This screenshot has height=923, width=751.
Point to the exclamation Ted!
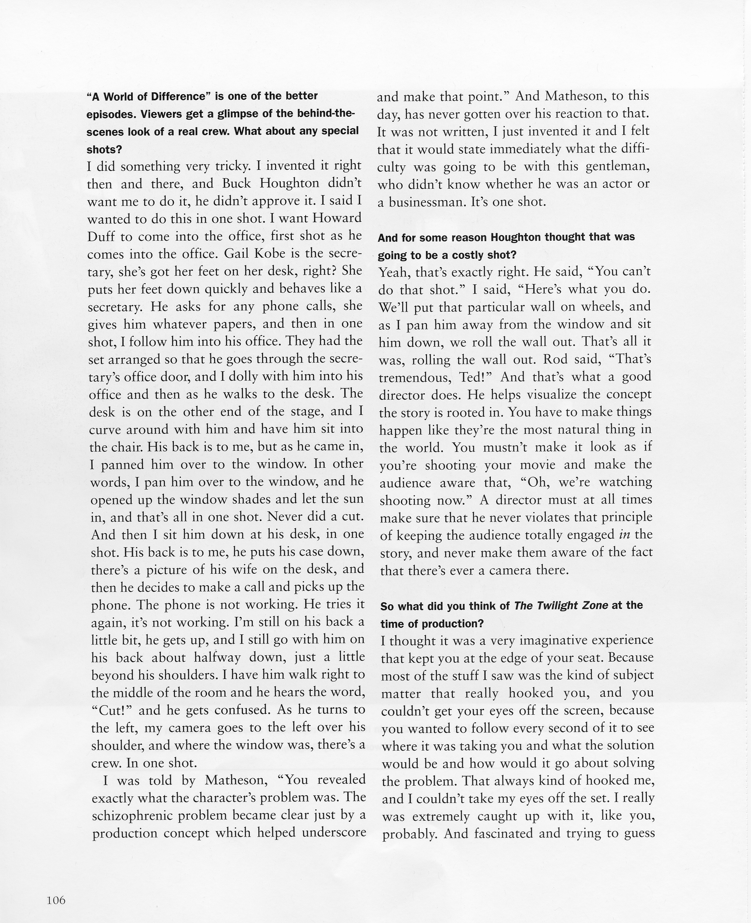click(x=476, y=377)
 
